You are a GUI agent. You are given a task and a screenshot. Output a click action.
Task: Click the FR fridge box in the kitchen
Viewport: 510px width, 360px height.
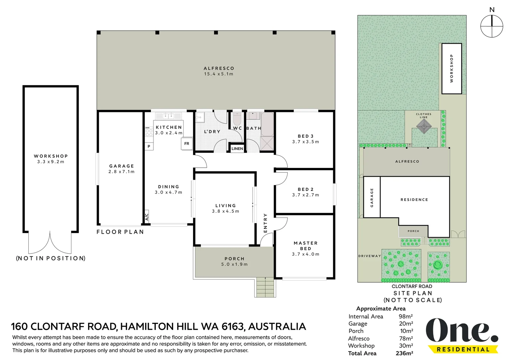(187, 144)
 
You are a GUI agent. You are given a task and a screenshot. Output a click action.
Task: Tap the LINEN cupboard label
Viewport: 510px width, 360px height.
(237, 149)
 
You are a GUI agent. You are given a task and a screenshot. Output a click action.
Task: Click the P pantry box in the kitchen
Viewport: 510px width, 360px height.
(149, 146)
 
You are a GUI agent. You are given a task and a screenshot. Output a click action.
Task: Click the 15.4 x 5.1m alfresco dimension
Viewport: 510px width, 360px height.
(218, 74)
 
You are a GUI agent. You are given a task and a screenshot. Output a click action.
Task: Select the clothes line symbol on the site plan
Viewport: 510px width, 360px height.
(424, 127)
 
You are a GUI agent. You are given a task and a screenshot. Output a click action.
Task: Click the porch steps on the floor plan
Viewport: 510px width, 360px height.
(265, 287)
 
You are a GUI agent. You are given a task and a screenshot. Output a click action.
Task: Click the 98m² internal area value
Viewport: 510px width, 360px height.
(406, 316)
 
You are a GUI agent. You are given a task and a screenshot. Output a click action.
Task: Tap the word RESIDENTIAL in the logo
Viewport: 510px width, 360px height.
(463, 349)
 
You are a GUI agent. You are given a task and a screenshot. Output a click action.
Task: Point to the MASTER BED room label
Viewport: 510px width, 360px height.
(306, 246)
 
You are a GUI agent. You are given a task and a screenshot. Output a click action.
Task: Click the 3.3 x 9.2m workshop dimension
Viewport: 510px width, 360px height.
(51, 162)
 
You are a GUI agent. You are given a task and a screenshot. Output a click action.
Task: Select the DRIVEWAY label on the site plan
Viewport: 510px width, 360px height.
(370, 256)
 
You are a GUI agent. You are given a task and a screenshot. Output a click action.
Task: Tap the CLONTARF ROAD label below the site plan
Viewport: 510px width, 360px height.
(412, 286)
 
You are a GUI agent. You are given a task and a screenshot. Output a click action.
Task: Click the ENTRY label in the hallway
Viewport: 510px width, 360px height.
(265, 223)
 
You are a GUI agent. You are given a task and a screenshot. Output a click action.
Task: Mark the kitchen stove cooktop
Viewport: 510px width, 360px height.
(149, 132)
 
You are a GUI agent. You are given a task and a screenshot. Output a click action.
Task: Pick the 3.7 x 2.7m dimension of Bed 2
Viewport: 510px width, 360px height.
(306, 195)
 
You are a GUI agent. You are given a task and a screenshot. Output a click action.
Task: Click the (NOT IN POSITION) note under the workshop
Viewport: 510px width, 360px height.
(51, 258)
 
